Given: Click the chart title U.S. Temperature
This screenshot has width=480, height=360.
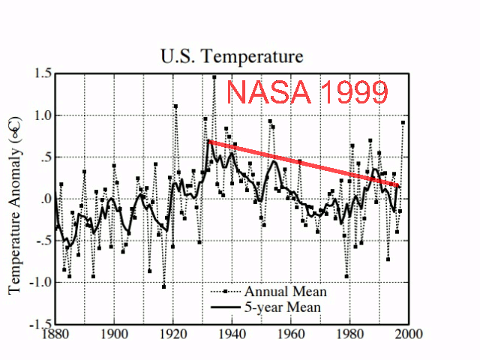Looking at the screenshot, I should pos(232,56).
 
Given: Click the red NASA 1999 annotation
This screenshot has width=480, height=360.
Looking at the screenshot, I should pos(307,92).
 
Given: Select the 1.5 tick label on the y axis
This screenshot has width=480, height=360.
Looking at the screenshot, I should pos(42,73).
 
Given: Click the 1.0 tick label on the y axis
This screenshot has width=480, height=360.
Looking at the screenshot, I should pos(42,115).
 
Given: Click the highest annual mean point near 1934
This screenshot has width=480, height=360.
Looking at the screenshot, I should pos(214,77).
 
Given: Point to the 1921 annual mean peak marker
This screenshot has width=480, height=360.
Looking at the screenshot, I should pos(175,106).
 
